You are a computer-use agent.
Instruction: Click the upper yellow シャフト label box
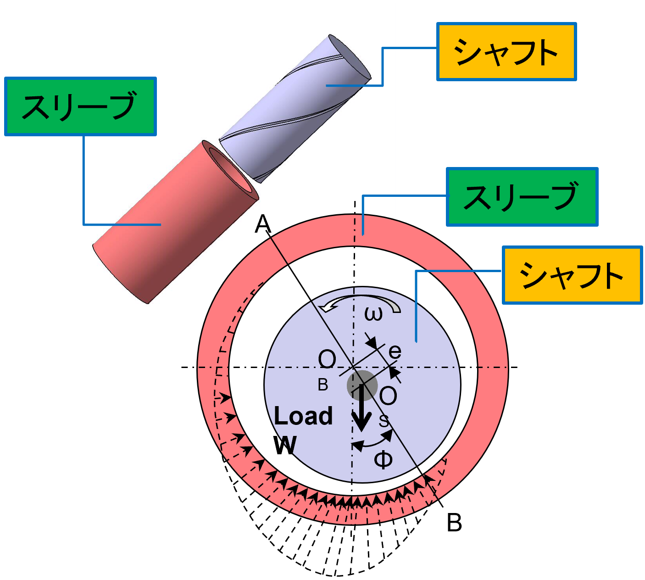(506, 51)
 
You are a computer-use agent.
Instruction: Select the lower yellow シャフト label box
(572, 275)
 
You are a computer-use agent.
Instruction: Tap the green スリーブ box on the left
(80, 106)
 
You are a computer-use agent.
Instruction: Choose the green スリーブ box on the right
(522, 197)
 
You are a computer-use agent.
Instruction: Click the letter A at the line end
(263, 224)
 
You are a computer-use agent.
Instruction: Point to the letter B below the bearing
(454, 523)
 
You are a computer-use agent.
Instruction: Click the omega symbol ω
(373, 314)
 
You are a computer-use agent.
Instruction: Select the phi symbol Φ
(383, 459)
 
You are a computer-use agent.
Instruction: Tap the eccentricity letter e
(395, 351)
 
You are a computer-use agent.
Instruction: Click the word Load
(303, 416)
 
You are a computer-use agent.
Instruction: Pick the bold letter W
(285, 445)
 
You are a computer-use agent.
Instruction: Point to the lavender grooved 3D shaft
(294, 110)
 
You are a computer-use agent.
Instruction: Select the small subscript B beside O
(323, 385)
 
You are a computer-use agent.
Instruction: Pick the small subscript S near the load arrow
(384, 421)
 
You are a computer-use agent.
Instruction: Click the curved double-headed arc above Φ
(373, 442)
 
